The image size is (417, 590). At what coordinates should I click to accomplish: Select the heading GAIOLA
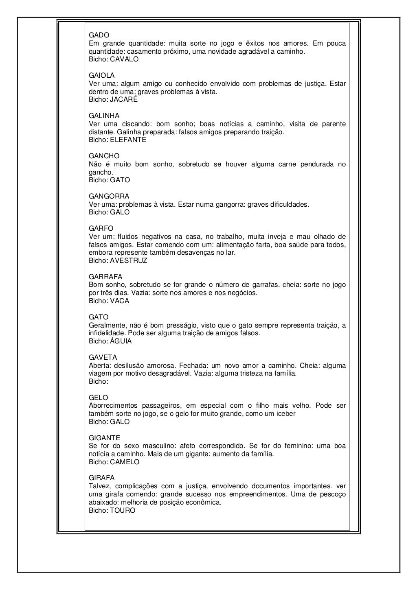[102, 76]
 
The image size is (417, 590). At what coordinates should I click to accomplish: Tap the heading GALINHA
[104, 116]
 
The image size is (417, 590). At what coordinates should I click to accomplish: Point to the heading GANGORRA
[109, 197]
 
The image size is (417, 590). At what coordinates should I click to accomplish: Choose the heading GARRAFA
[105, 277]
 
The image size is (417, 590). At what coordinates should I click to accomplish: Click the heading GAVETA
[103, 358]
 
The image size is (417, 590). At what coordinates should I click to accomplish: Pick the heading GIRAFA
[102, 478]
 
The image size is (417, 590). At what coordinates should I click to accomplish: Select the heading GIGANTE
[105, 438]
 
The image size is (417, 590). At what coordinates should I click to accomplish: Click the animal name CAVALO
[124, 59]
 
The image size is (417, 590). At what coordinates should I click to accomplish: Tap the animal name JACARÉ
[124, 100]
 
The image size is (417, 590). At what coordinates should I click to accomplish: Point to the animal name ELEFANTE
[128, 140]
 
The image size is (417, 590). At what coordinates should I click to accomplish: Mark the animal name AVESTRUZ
[129, 261]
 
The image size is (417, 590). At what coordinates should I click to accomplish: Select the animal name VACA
[120, 301]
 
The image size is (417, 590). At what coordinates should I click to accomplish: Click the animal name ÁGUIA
[121, 341]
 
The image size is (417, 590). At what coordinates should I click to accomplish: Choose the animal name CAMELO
[125, 462]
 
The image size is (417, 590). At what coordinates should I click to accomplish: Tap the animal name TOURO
[123, 510]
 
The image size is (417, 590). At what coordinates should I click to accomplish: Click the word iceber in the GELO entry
[285, 414]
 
